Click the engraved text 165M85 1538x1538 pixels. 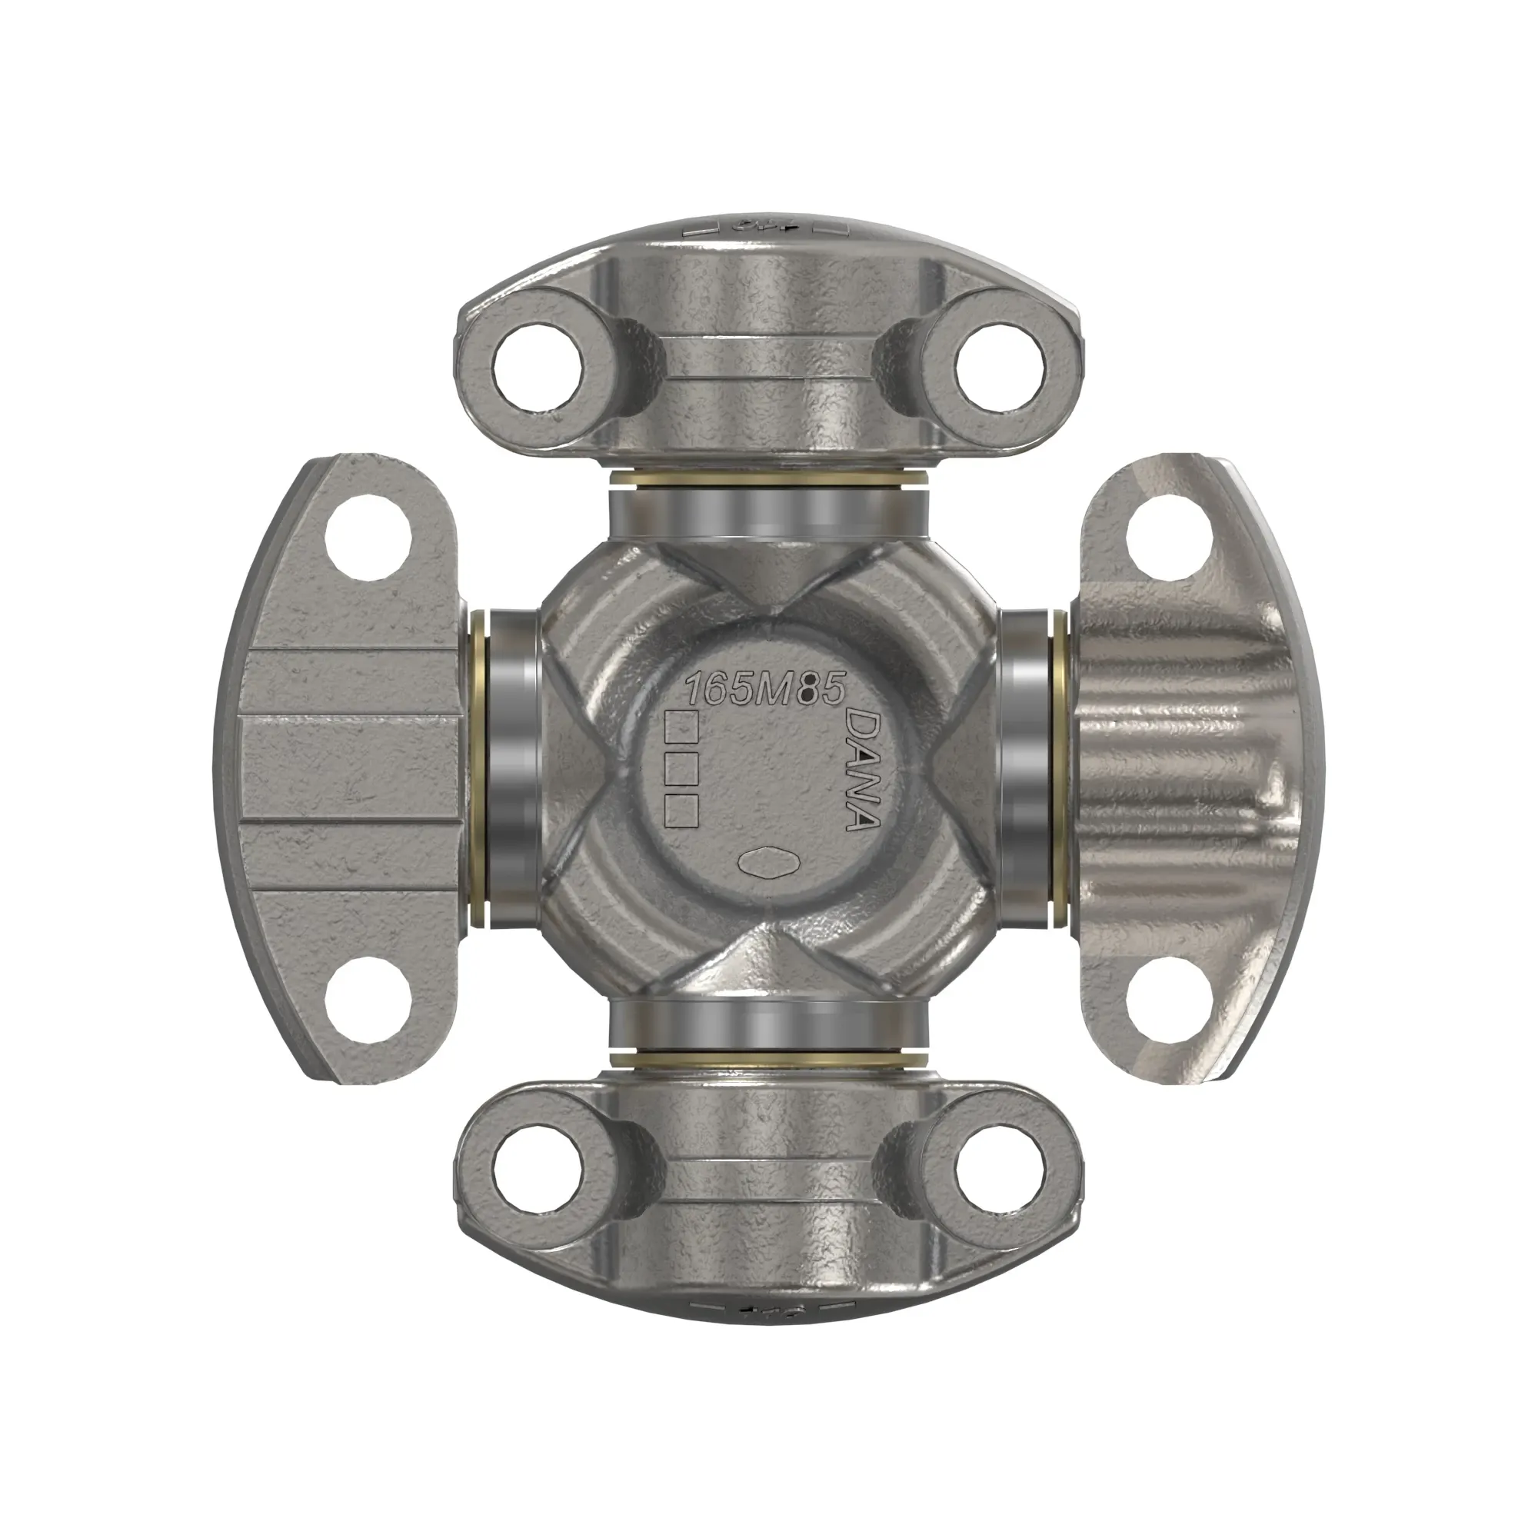coord(764,688)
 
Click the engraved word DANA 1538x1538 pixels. coord(861,769)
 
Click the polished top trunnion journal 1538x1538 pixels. coord(767,511)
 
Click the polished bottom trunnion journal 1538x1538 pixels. coord(767,1027)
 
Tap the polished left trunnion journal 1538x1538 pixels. coord(511,768)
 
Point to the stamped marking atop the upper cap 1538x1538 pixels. coord(767,225)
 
